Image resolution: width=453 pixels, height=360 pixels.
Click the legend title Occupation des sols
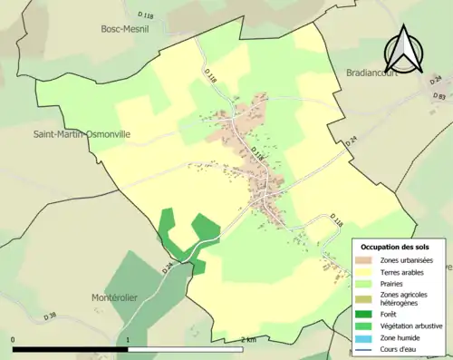tap(397, 247)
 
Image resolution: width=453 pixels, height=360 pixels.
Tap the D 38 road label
tap(51, 316)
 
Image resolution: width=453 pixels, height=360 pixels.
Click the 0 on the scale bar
tap(13, 340)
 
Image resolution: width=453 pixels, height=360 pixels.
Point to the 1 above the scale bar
tap(128, 340)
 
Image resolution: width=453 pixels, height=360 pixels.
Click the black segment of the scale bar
tap(70, 348)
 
